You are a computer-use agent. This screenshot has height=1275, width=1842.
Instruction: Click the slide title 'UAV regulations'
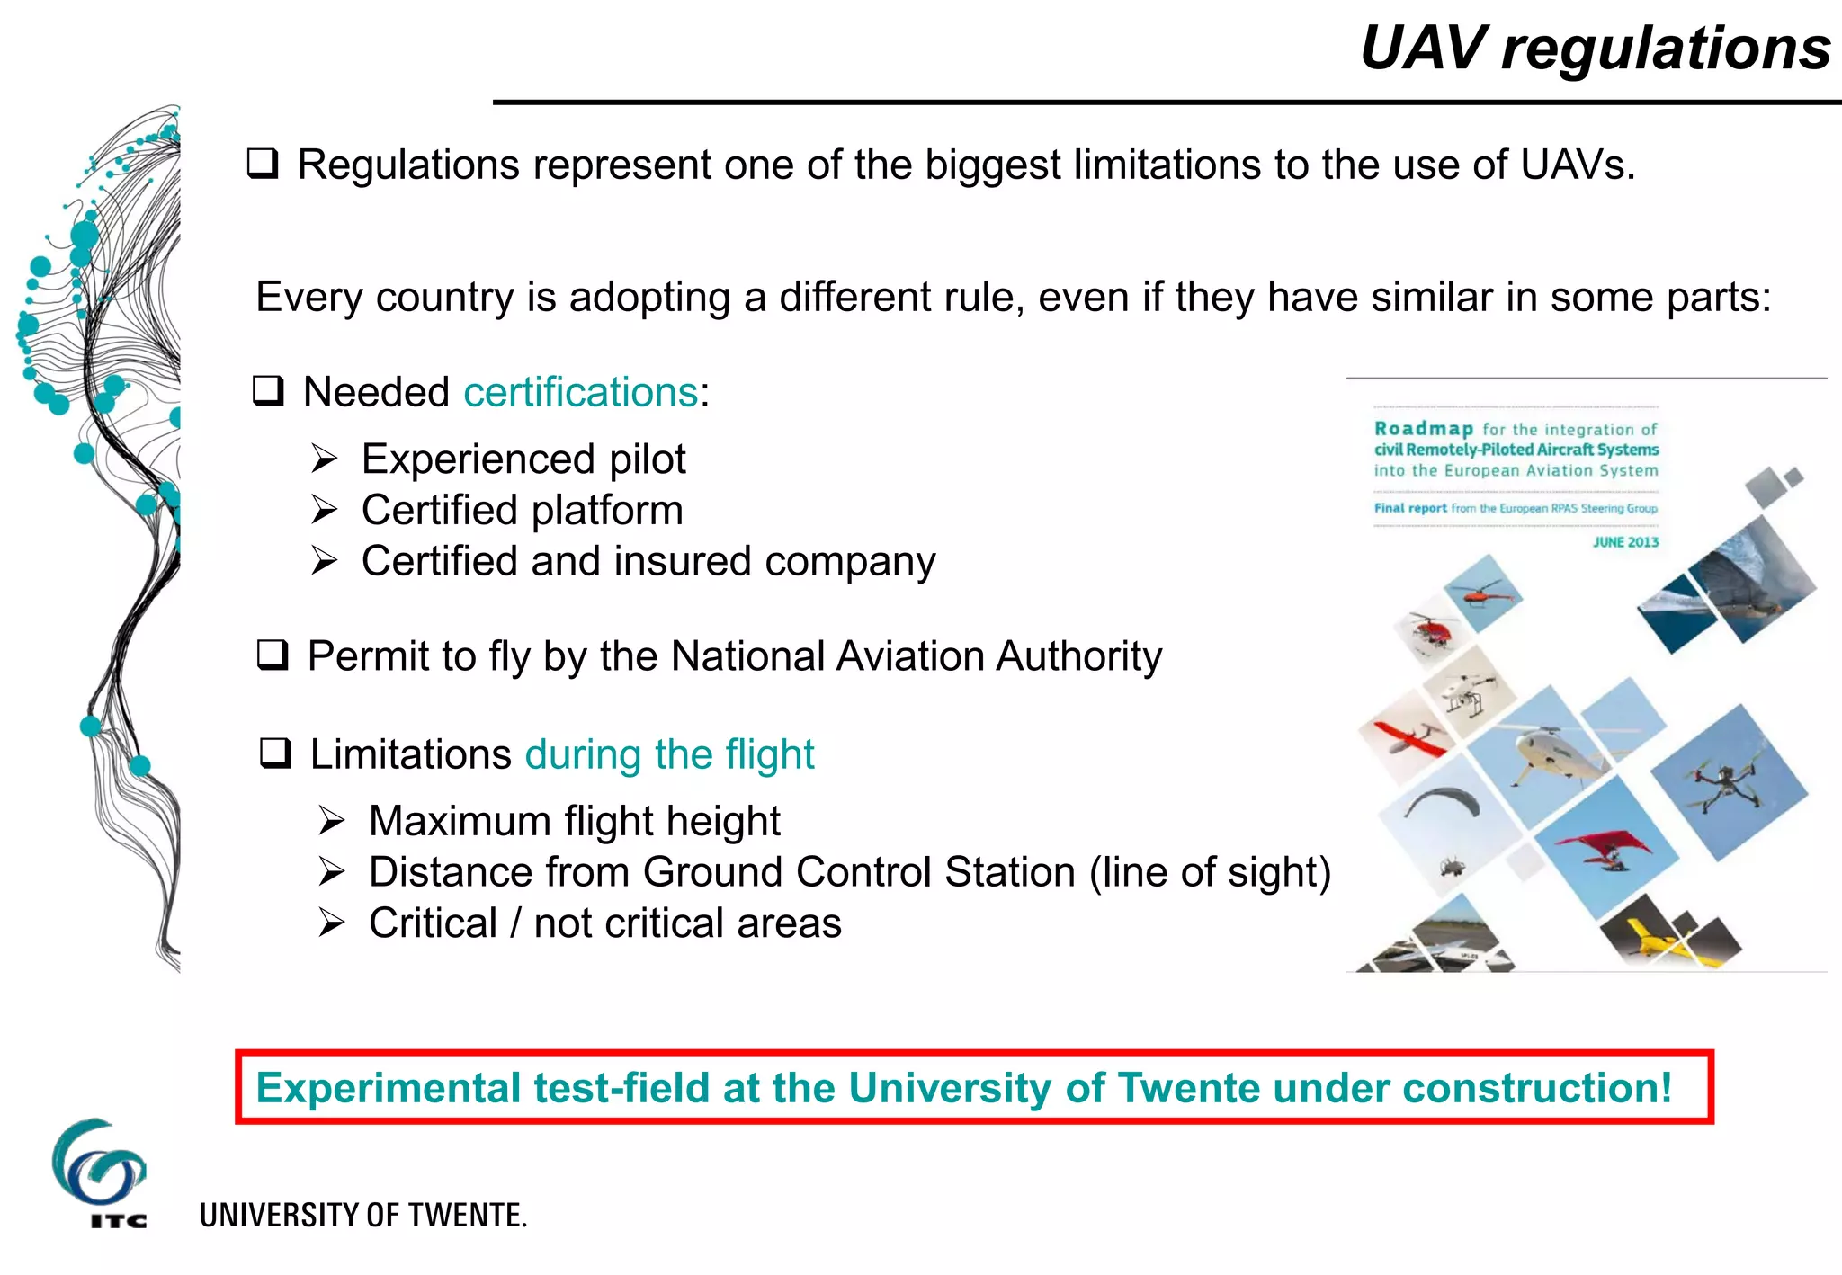click(1595, 48)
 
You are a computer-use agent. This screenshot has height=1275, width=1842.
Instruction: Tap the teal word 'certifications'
click(580, 393)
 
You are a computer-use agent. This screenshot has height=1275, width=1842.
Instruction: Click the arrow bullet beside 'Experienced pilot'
click(324, 459)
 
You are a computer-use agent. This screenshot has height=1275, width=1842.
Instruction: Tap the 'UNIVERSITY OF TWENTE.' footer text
click(362, 1216)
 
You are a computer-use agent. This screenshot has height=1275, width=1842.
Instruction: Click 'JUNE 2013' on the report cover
click(1625, 542)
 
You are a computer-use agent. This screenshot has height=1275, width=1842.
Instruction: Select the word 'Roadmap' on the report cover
click(1423, 429)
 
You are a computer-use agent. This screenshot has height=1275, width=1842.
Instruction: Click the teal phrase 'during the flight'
click(669, 754)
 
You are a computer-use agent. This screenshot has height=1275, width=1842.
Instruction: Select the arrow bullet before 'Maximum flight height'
click(331, 821)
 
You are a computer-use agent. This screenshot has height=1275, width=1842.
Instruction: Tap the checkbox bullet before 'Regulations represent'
click(263, 164)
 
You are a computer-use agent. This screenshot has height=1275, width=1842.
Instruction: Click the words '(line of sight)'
click(1210, 872)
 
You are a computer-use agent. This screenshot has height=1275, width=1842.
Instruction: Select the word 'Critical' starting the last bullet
click(433, 923)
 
